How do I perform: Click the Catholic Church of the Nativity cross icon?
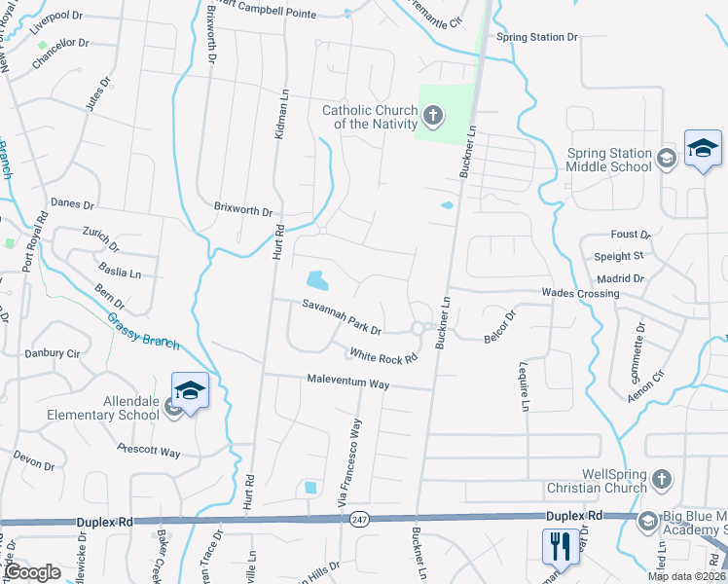coord(433,118)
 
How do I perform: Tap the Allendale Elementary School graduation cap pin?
coord(190,391)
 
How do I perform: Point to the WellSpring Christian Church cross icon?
coord(661,480)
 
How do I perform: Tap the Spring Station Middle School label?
coord(609,160)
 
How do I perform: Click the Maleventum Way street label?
coord(347,382)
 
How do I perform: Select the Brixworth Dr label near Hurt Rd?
coord(243,208)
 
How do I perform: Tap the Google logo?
coord(32,572)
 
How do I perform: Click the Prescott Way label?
coord(148,452)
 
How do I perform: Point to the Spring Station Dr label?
coord(537,37)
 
